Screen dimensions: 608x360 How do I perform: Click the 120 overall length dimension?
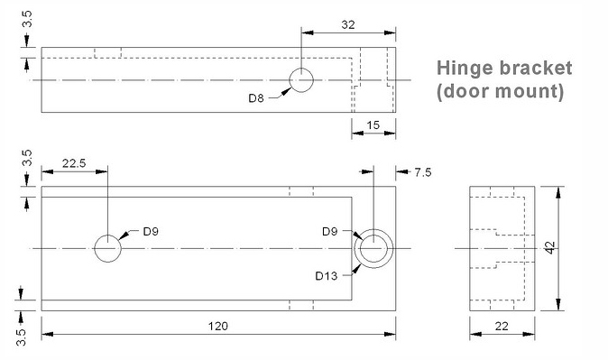(218, 326)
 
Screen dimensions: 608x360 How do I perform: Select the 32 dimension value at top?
(348, 25)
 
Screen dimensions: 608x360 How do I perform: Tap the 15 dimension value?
(373, 125)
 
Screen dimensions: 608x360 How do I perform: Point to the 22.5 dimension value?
(74, 163)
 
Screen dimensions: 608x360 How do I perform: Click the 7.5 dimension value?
(423, 172)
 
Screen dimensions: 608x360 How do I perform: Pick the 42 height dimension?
(550, 247)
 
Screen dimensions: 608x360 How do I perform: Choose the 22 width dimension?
(502, 326)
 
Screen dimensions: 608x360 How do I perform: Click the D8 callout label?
(256, 98)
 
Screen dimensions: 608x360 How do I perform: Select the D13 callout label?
(327, 276)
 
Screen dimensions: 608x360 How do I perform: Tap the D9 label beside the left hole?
(151, 232)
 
